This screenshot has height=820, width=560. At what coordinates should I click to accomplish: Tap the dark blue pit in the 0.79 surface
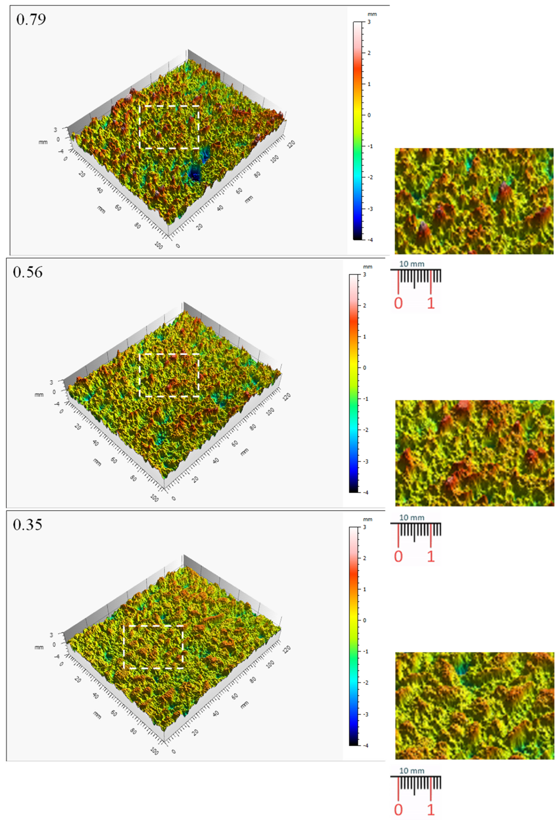coord(194,174)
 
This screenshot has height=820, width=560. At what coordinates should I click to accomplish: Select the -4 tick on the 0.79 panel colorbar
coord(370,240)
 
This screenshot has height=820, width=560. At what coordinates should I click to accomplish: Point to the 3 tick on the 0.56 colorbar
coord(364,275)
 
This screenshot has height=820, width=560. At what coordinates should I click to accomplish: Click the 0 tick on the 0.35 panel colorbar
coord(364,620)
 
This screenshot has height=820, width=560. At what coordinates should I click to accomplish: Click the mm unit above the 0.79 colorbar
coord(372,14)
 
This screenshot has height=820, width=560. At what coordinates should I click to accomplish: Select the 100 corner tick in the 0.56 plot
coord(154,498)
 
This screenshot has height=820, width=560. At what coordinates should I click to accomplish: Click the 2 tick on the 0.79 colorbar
coord(369,53)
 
